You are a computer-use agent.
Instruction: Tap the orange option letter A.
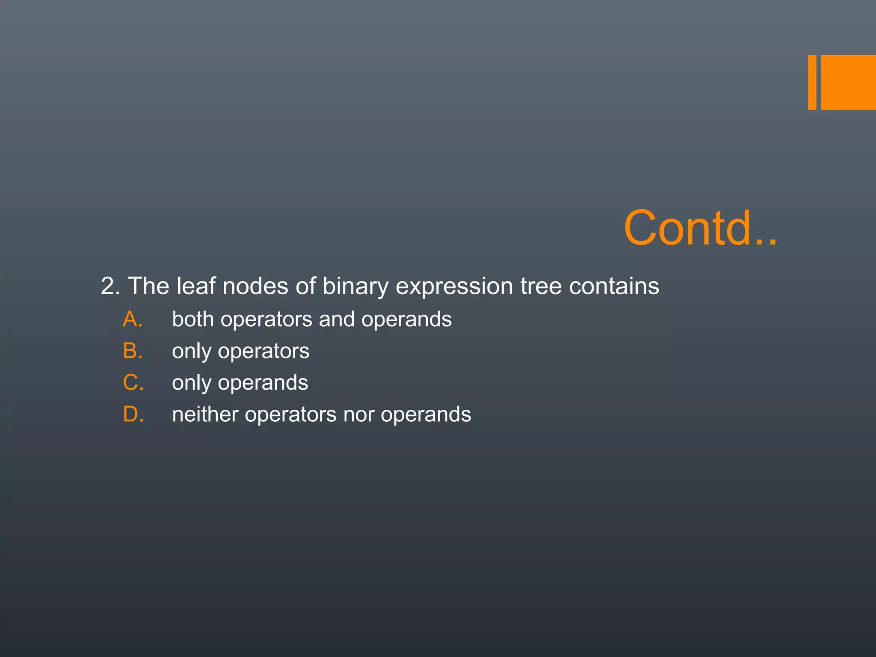tap(132, 319)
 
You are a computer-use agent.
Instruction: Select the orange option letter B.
tap(132, 351)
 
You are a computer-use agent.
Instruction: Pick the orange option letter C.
tap(133, 382)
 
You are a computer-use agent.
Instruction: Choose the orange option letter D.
tap(133, 414)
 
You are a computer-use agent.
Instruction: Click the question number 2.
tap(110, 286)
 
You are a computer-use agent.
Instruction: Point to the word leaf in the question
tap(196, 286)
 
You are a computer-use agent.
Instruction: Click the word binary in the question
tap(355, 287)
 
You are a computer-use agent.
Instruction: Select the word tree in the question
tap(541, 286)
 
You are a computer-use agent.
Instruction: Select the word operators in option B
tap(263, 352)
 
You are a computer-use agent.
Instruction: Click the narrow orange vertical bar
tap(812, 83)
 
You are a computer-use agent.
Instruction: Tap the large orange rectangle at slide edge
tap(848, 83)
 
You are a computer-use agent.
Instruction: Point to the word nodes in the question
tap(255, 286)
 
